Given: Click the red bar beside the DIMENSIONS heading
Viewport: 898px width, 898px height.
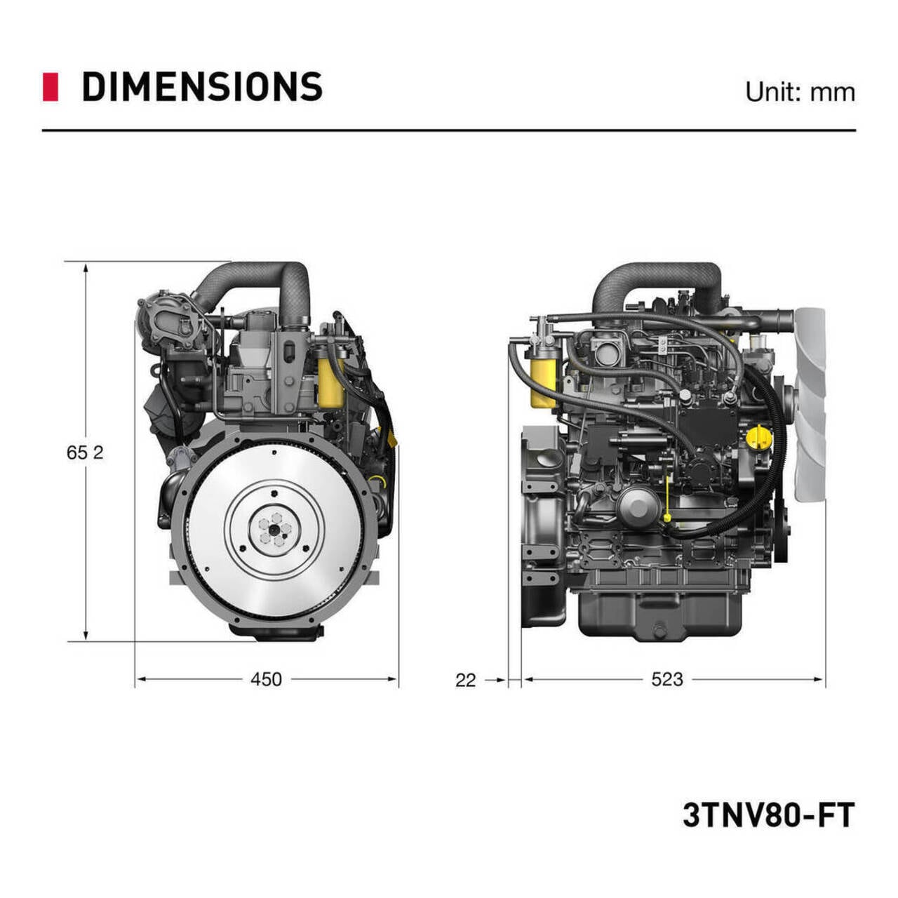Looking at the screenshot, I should click(50, 86).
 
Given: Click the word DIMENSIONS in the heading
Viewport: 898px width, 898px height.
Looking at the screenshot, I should click(202, 87).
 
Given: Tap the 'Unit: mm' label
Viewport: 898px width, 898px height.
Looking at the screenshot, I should click(800, 92).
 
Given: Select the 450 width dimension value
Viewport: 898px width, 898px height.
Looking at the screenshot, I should click(266, 679).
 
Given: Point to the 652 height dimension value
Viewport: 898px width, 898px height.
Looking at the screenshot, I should click(84, 453).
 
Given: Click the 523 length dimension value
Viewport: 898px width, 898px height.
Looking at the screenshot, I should click(666, 679).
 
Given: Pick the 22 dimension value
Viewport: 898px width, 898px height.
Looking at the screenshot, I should click(465, 680).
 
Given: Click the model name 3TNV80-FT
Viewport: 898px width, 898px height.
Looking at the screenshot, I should click(768, 815).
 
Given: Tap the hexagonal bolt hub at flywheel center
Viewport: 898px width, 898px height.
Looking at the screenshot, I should click(272, 528).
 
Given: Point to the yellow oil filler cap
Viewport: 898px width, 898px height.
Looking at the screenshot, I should click(758, 438).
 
